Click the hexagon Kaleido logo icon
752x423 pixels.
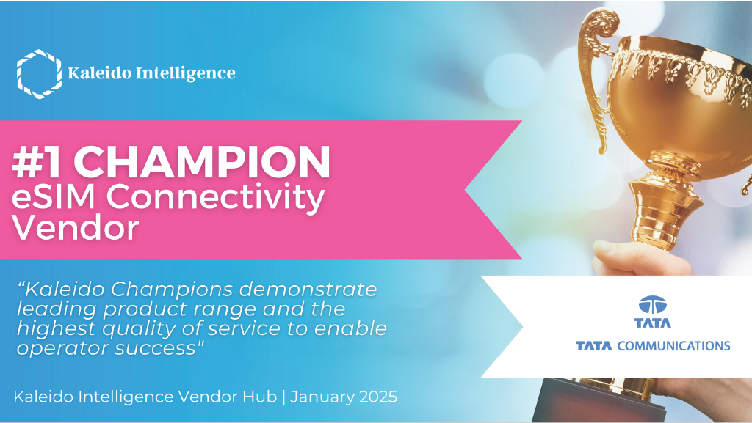[40, 74]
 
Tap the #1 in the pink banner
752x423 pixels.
[37, 162]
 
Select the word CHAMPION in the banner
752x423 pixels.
[202, 162]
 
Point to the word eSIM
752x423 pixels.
[53, 196]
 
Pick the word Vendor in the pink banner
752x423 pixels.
[76, 228]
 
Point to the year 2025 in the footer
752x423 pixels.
[378, 397]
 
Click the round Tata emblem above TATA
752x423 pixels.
[653, 305]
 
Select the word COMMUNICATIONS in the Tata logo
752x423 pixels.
[674, 345]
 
